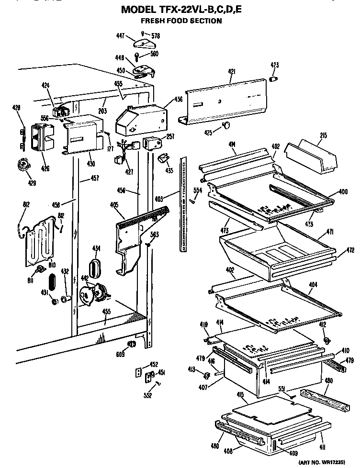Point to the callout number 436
[x=178, y=100]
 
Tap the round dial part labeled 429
[x=21, y=166]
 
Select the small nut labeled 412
[x=327, y=340]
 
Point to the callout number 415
[x=240, y=395]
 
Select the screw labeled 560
[x=138, y=58]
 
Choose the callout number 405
[x=114, y=205]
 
